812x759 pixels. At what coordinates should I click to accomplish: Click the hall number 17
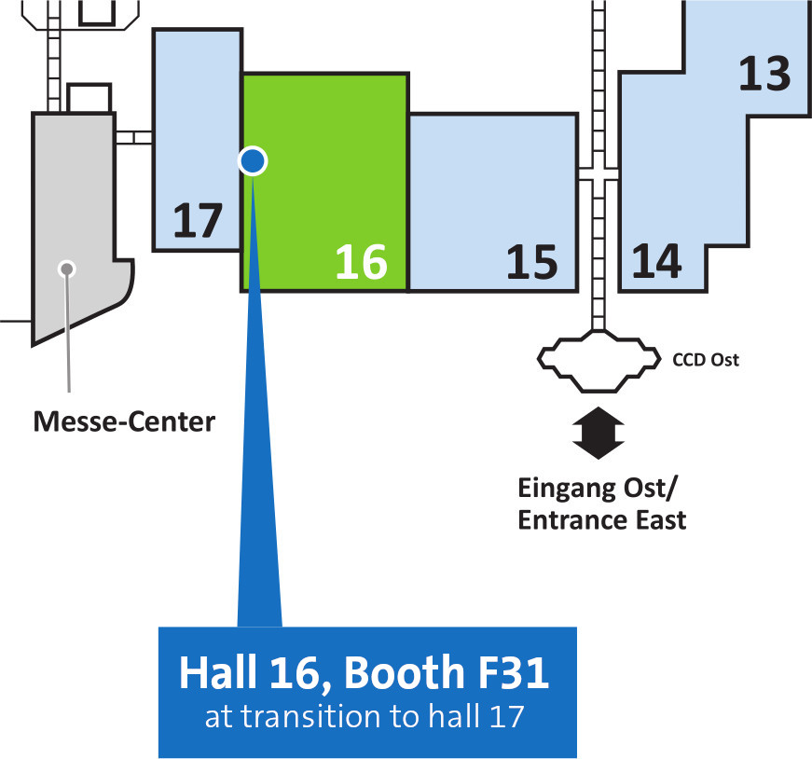[x=198, y=221]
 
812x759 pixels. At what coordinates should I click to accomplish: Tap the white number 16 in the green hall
[x=362, y=262]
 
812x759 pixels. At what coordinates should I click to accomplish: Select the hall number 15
[x=531, y=262]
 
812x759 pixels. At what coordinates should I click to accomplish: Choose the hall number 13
[x=764, y=74]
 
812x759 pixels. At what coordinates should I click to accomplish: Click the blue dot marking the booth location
[x=253, y=161]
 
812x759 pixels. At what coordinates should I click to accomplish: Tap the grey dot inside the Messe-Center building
[x=66, y=269]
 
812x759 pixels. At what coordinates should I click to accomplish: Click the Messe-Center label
[x=124, y=421]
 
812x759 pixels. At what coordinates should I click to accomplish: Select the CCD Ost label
[x=706, y=360]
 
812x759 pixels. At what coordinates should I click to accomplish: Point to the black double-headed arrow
[x=599, y=433]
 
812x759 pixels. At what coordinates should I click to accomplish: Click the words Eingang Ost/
[x=597, y=489]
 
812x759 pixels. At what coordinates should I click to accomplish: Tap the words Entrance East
[x=601, y=519]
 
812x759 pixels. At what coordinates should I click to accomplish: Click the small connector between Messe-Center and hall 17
[x=133, y=137]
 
